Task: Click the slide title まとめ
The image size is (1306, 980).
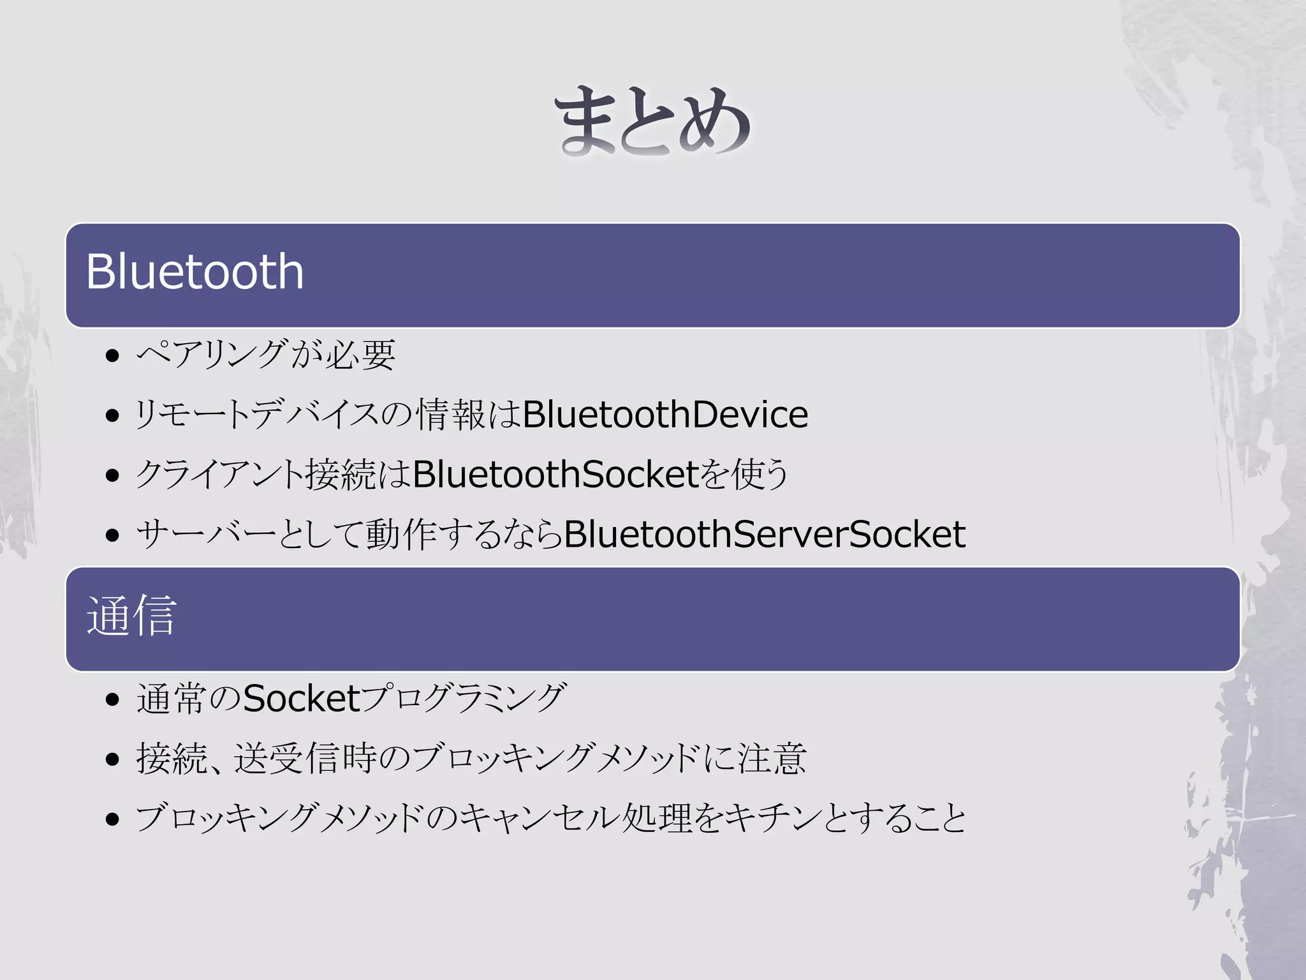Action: point(652,121)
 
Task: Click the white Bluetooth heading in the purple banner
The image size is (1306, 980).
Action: point(194,272)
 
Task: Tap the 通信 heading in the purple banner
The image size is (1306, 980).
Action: point(131,615)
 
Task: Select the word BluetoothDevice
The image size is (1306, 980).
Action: point(665,415)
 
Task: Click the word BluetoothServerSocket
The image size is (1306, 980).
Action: point(764,535)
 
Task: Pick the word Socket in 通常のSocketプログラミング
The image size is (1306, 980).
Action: point(302,698)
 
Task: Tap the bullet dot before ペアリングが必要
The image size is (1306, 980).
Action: point(113,355)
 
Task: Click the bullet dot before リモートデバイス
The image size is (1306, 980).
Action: point(113,416)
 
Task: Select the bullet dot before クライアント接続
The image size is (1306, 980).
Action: point(113,476)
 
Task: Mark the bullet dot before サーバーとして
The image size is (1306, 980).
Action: point(113,535)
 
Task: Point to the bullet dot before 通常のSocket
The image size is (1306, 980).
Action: point(113,699)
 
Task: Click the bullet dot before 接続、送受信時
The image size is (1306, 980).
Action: point(113,759)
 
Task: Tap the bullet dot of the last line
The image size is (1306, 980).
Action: point(113,819)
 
